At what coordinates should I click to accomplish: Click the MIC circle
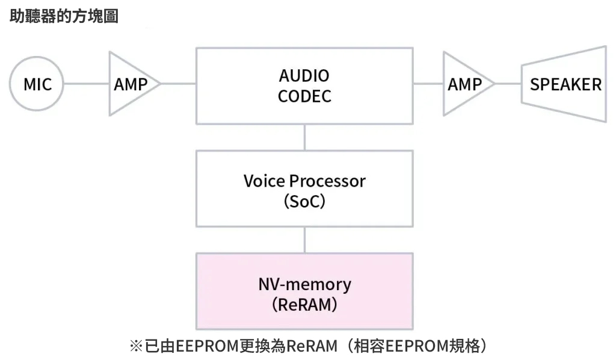coord(37,84)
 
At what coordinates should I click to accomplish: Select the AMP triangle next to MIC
coord(130,84)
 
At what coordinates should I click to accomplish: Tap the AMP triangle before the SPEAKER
coord(464,84)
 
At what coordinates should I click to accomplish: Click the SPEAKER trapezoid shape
coord(565,84)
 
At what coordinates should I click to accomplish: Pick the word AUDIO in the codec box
coord(304,76)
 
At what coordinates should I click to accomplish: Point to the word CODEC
coord(304,96)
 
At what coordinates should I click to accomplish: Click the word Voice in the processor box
coord(264,181)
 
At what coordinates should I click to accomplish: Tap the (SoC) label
coord(304,201)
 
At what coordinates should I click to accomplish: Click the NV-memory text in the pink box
coord(304,284)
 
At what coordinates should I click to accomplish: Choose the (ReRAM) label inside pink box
coord(304,305)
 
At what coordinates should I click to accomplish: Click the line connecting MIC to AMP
coord(86,84)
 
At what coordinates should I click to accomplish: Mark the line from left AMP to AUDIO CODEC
coord(178,84)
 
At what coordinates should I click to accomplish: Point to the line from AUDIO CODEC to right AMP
coord(428,84)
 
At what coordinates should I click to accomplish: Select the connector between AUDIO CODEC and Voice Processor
coord(304,137)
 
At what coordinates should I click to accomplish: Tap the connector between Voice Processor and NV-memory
coord(304,240)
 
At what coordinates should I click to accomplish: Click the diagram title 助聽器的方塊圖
coord(64,16)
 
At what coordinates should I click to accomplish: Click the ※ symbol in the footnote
coord(135,346)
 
